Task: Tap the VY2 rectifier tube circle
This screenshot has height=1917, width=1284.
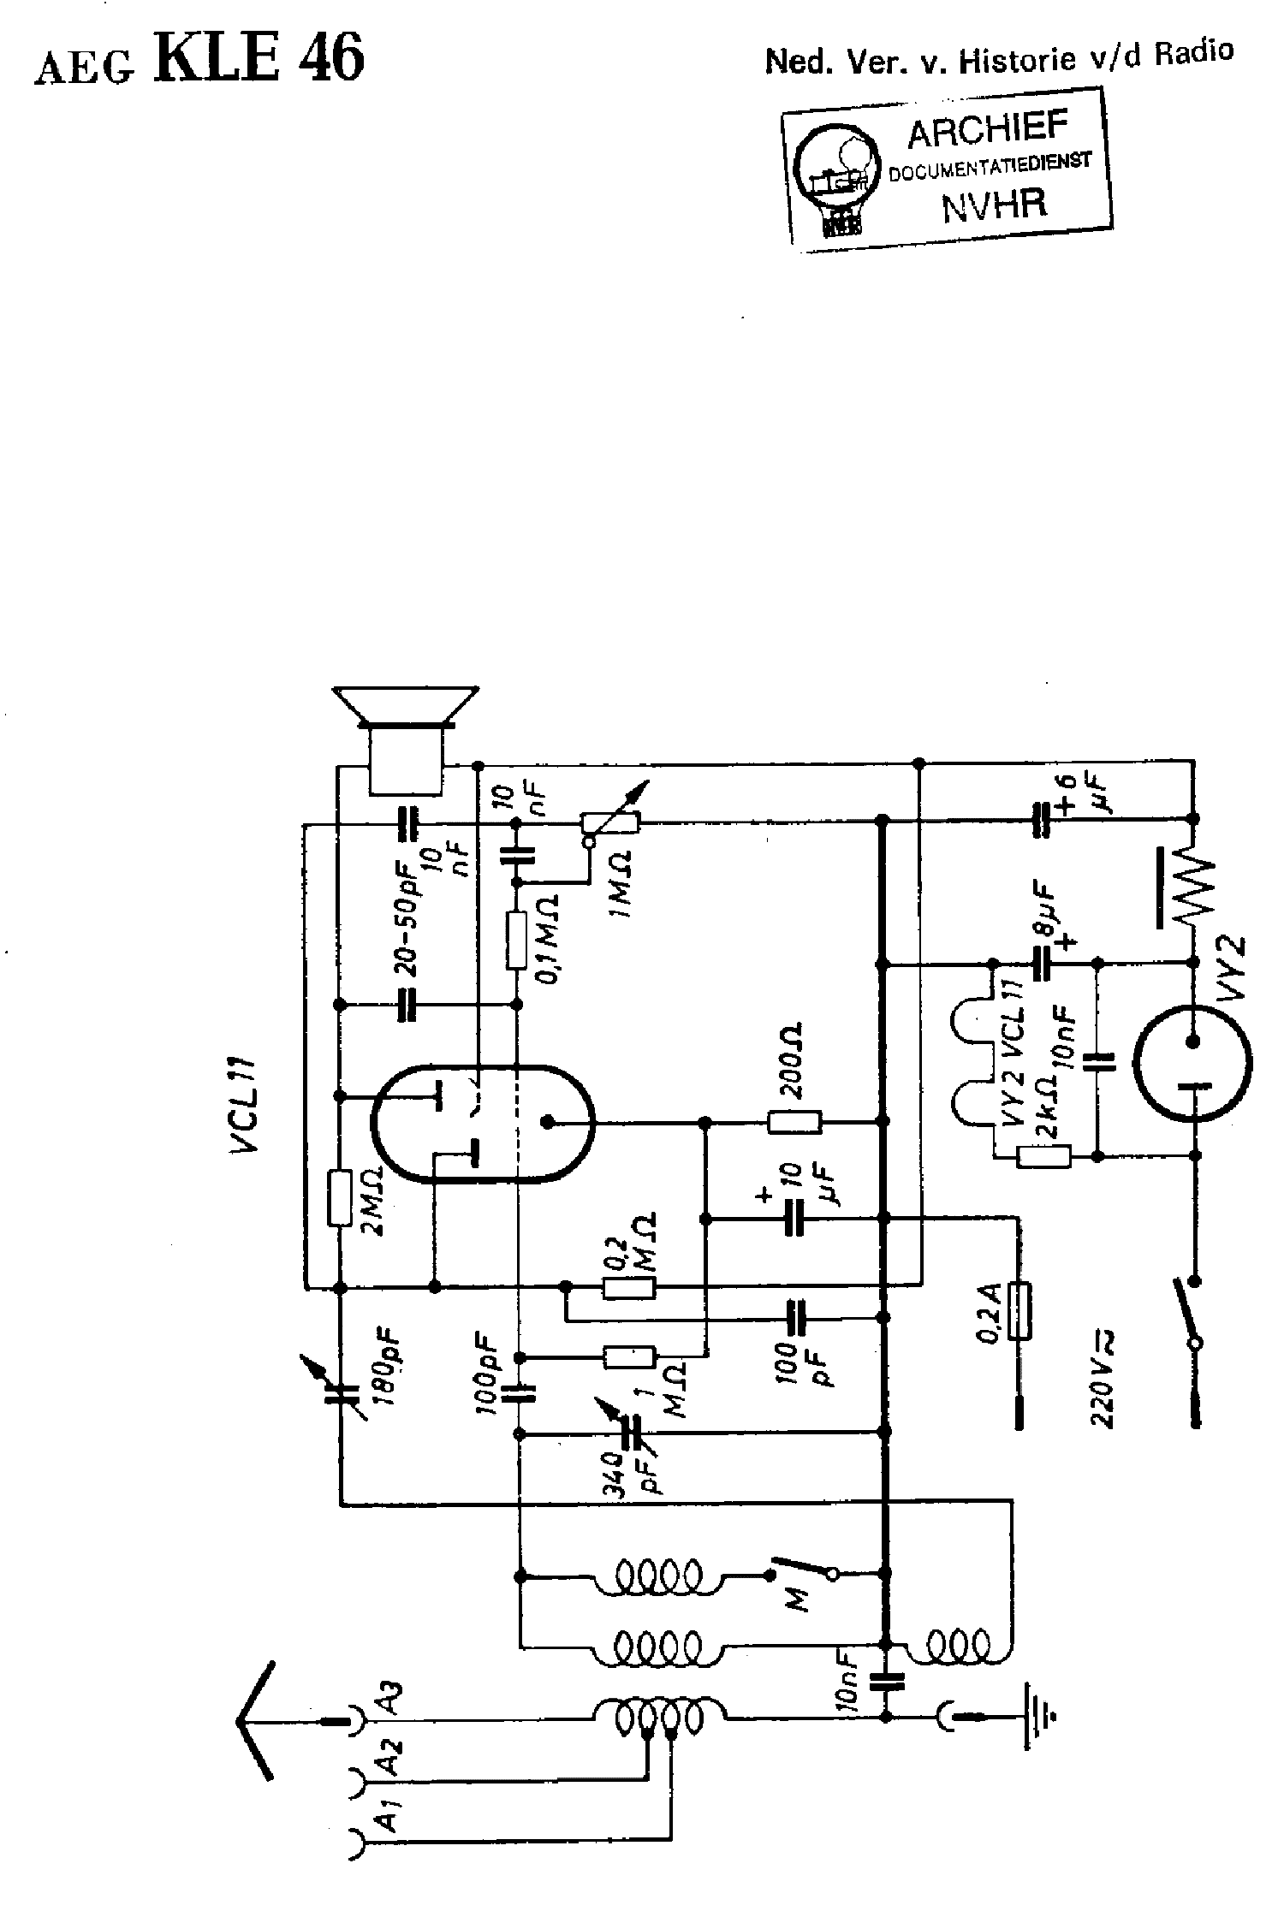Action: (x=1192, y=1065)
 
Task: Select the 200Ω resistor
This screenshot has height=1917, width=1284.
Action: (x=794, y=1121)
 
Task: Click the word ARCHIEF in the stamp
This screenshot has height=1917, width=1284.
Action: (x=987, y=129)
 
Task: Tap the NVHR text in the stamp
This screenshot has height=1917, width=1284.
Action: (x=994, y=205)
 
